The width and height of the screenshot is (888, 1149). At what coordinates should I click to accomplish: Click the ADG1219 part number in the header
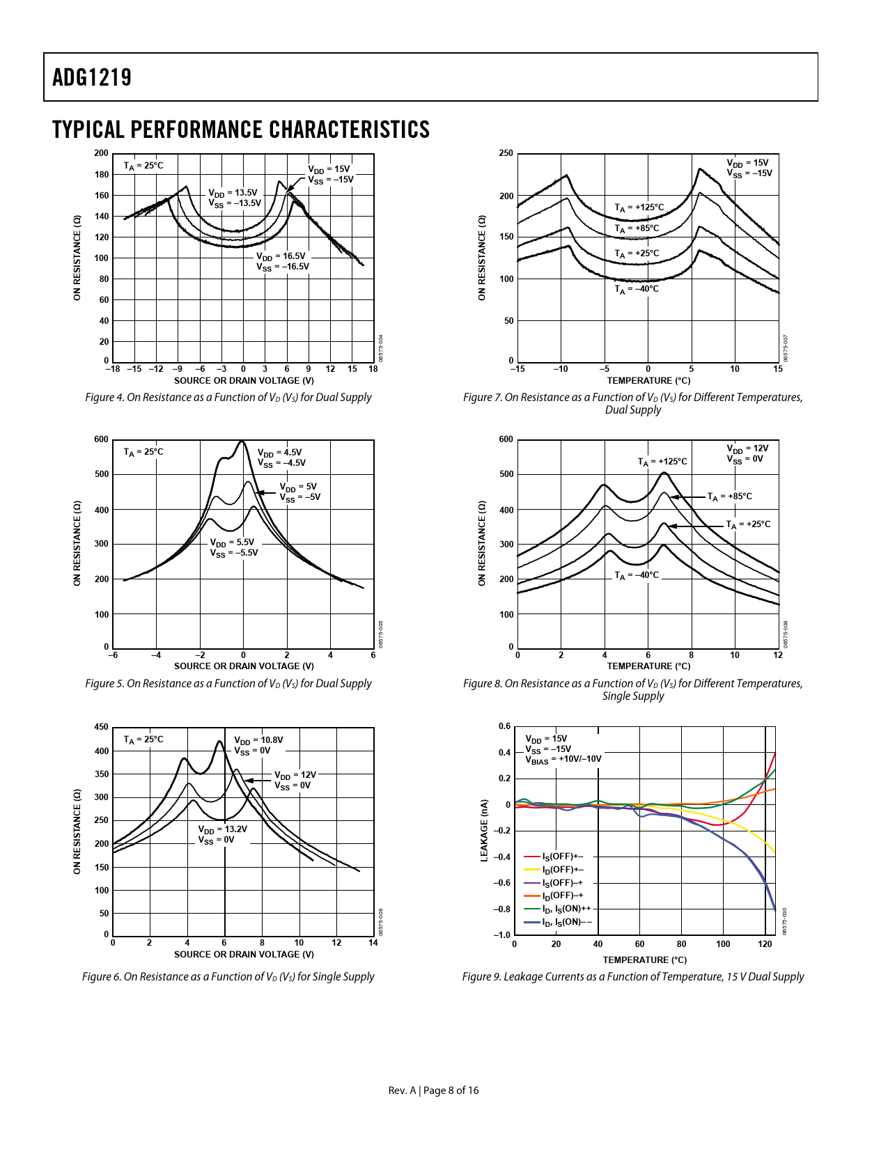point(92,77)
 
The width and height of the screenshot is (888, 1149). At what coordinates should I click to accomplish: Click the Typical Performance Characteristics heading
point(241,130)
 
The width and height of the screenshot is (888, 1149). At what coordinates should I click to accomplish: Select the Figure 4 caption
point(228,398)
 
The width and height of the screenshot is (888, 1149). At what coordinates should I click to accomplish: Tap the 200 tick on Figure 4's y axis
point(102,153)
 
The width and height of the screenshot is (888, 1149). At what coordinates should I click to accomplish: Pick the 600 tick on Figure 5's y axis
point(102,439)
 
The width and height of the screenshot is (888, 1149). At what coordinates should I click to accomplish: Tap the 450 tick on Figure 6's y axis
point(102,727)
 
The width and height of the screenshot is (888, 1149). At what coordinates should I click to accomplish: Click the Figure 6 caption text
point(228,977)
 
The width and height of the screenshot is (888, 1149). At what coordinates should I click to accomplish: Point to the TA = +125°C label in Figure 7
point(639,208)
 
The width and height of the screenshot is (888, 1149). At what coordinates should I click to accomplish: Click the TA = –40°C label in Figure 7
point(636,289)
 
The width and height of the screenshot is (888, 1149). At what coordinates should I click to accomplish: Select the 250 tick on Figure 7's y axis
point(506,153)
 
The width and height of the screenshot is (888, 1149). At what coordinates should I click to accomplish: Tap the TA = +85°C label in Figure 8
point(729,497)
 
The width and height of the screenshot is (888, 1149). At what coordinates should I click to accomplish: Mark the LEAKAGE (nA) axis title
point(484,831)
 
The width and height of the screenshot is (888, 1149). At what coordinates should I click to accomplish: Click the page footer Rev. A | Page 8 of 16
point(433,1091)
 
